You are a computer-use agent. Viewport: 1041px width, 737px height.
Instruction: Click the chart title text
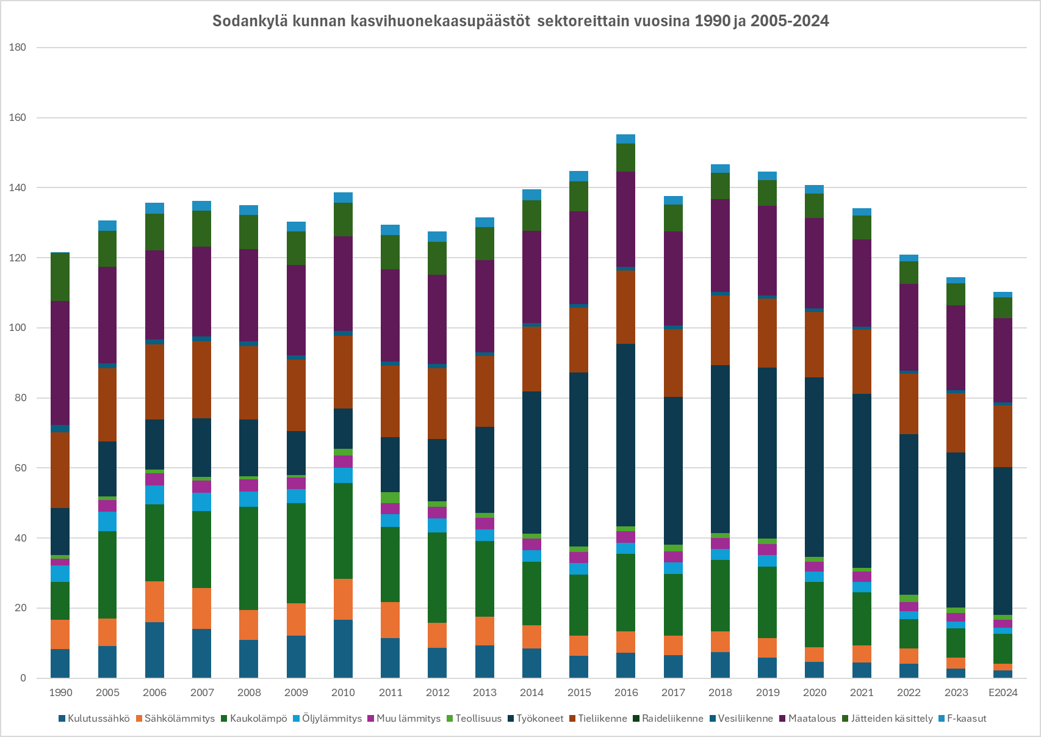point(520,21)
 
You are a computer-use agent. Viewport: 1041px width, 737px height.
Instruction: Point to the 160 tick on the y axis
point(18,118)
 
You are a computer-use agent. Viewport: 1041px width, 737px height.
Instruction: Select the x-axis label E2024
point(1003,692)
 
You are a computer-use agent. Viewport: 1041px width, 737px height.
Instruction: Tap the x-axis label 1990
point(60,692)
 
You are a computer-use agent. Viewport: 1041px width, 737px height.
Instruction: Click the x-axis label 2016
point(626,692)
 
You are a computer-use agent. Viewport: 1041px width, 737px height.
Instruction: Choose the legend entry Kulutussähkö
point(98,719)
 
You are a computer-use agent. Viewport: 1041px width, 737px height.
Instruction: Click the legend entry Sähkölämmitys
point(179,719)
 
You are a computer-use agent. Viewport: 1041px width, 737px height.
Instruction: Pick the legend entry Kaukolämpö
point(258,719)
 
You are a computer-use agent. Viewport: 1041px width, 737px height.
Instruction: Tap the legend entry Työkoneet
point(539,719)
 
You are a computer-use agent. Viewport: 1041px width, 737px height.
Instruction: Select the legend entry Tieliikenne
point(602,719)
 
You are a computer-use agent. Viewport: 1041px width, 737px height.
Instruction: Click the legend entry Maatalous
point(812,719)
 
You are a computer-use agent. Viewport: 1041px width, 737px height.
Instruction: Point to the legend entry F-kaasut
point(966,719)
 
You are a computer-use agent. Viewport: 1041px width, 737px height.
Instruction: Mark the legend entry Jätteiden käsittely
point(892,719)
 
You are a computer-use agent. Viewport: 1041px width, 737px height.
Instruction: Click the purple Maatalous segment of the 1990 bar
point(60,363)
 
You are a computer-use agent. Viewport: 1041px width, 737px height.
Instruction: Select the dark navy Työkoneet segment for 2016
point(626,435)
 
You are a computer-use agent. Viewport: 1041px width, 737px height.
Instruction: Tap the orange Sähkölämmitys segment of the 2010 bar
point(343,599)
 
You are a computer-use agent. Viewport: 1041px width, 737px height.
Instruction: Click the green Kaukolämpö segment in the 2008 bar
point(249,558)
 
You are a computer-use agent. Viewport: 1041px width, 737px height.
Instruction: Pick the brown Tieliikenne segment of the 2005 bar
point(107,404)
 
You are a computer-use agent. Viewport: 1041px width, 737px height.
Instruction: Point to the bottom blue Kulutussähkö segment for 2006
point(154,650)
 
